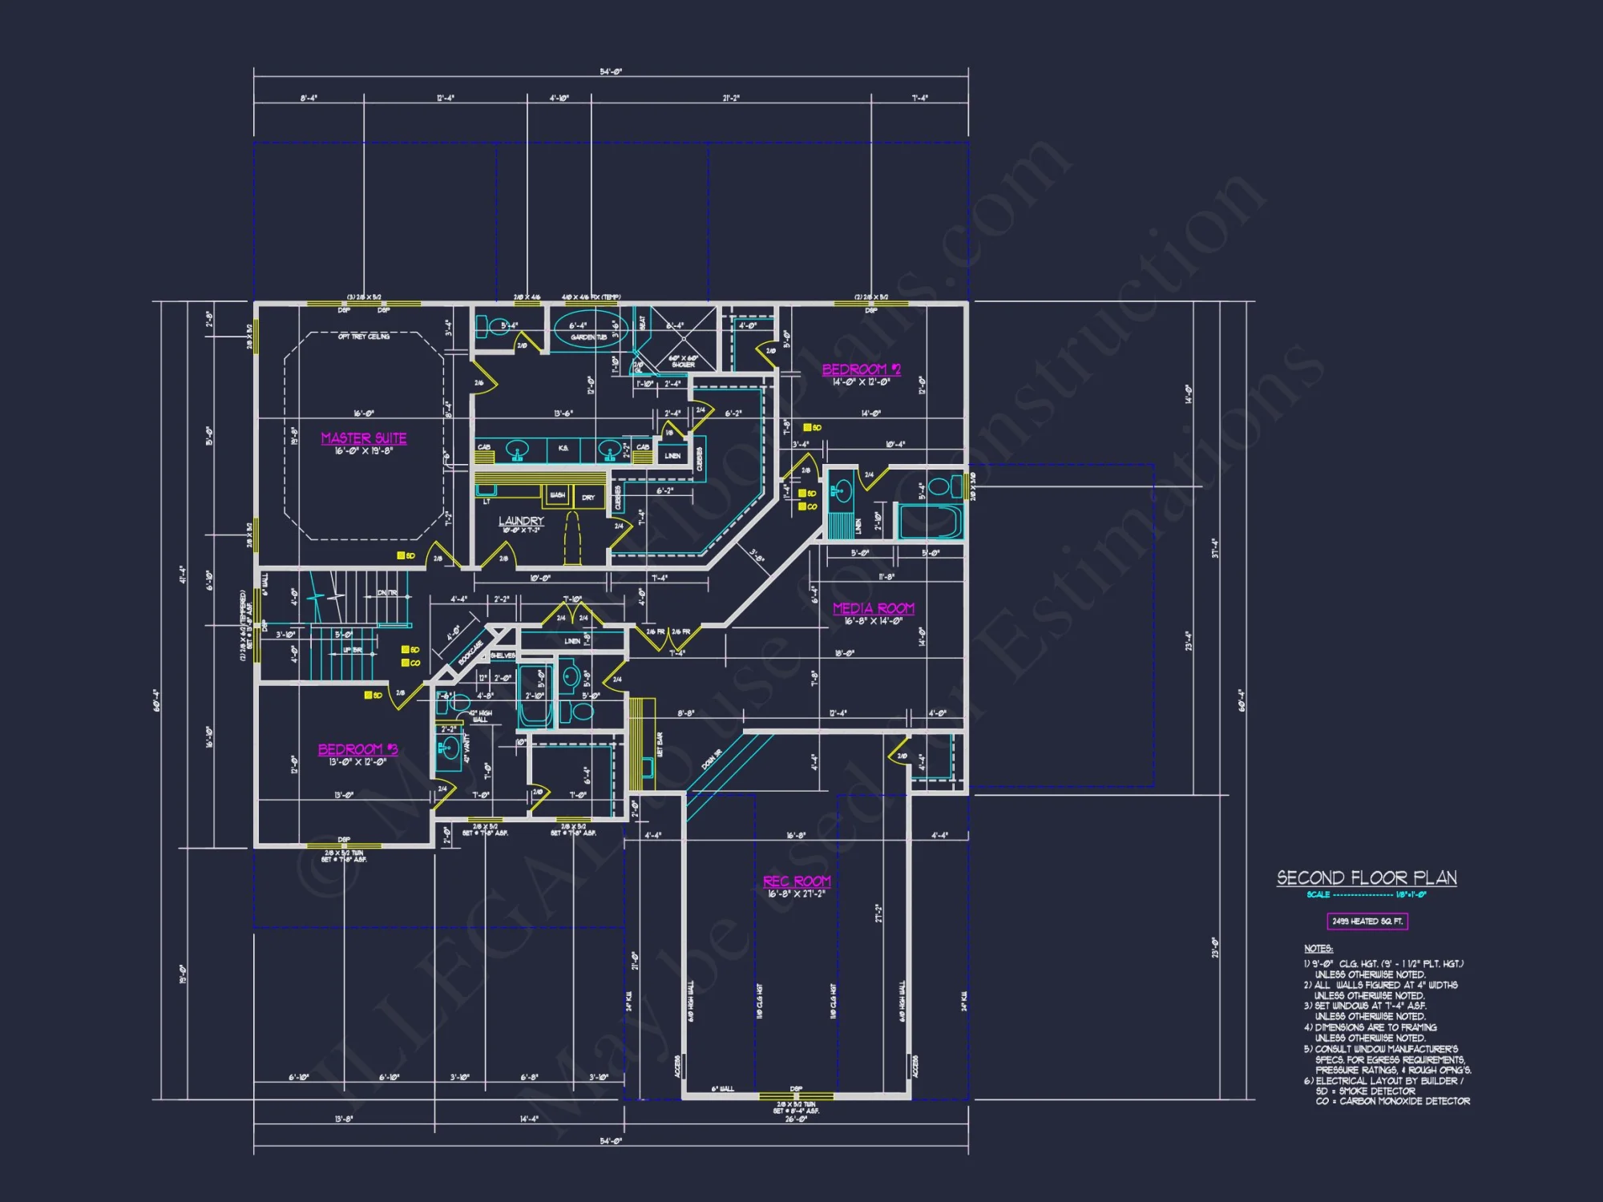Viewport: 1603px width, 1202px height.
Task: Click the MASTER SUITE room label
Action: pyautogui.click(x=364, y=438)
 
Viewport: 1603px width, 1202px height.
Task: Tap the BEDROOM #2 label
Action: pyautogui.click(x=861, y=369)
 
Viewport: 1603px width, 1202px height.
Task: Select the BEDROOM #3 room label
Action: pyautogui.click(x=357, y=749)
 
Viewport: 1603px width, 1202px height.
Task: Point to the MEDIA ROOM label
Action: pyautogui.click(x=873, y=609)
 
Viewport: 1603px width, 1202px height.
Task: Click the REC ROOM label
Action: pyautogui.click(x=797, y=881)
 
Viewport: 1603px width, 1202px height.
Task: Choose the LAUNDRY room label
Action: pyautogui.click(x=521, y=521)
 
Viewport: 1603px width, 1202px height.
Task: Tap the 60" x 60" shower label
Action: pyautogui.click(x=683, y=361)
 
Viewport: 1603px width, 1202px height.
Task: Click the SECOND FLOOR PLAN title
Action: pyautogui.click(x=1367, y=878)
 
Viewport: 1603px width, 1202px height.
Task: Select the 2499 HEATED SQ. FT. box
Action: pyautogui.click(x=1367, y=922)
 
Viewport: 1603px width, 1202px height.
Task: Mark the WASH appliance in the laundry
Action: pyautogui.click(x=557, y=496)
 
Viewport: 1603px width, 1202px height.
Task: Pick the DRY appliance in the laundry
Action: pyautogui.click(x=588, y=498)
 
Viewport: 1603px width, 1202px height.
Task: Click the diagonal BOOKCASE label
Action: pyautogui.click(x=471, y=653)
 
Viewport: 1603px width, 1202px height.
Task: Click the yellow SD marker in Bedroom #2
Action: pyautogui.click(x=808, y=428)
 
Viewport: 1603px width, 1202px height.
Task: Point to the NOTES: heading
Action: pyautogui.click(x=1318, y=949)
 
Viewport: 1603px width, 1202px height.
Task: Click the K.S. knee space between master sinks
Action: pyautogui.click(x=563, y=448)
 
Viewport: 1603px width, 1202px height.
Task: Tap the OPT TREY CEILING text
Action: pyautogui.click(x=364, y=337)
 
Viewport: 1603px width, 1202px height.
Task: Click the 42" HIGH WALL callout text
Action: pyautogui.click(x=479, y=716)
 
